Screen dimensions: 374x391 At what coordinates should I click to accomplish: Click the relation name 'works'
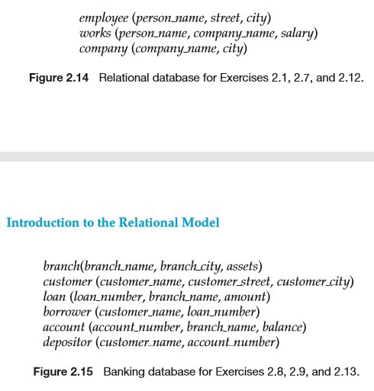(95, 34)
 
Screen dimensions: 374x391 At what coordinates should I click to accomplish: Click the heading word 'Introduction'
(40, 223)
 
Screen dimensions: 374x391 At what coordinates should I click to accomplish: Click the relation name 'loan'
(54, 296)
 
